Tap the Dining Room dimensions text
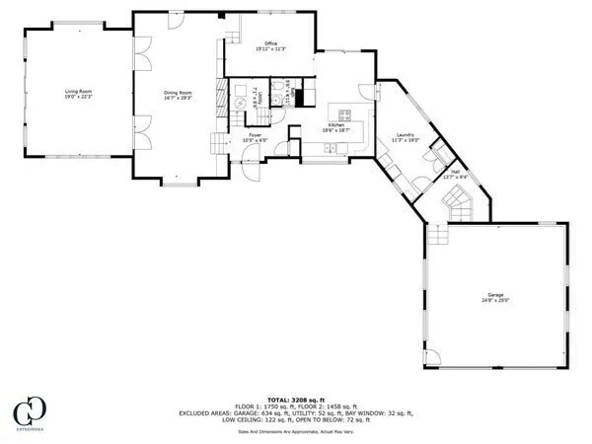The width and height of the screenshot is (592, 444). click(x=179, y=98)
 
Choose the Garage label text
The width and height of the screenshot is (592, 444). click(x=495, y=294)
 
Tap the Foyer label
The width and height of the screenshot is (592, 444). click(x=255, y=134)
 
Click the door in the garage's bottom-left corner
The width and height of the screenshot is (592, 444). click(x=430, y=357)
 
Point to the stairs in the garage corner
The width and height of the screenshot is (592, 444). click(x=436, y=235)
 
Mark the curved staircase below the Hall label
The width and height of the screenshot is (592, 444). click(x=458, y=205)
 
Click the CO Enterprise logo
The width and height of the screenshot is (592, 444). click(x=34, y=411)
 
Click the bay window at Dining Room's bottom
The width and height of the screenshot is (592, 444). click(x=178, y=185)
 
